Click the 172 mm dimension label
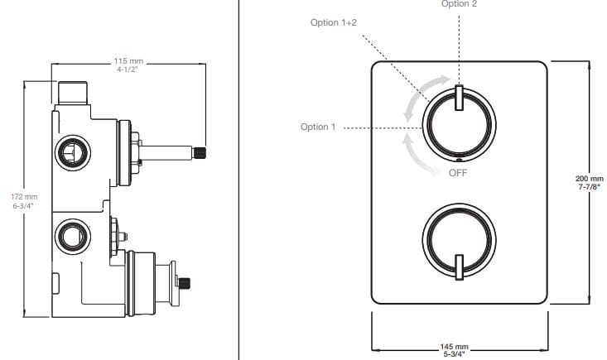pyautogui.click(x=25, y=201)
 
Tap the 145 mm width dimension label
pyautogui.click(x=454, y=350)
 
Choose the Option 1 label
pyautogui.click(x=318, y=127)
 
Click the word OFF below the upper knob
pyautogui.click(x=459, y=173)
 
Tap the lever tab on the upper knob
pyautogui.click(x=458, y=97)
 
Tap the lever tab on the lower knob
pyautogui.click(x=458, y=266)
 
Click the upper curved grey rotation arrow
pyautogui.click(x=417, y=98)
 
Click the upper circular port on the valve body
pyautogui.click(x=69, y=151)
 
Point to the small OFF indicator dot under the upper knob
pyautogui.click(x=459, y=160)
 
